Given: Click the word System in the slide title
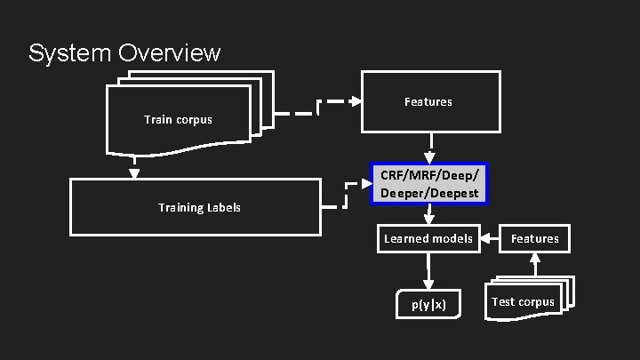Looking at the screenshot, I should (x=68, y=53).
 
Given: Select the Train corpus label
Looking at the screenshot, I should (x=178, y=119).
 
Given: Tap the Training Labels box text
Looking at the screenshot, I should (x=199, y=208).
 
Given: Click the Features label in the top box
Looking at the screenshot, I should (x=428, y=102).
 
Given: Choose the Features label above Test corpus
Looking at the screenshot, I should (x=535, y=238).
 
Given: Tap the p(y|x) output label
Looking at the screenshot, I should (x=428, y=304).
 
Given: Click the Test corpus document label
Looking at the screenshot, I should (x=523, y=301).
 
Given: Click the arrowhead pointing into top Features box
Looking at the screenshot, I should (x=356, y=101).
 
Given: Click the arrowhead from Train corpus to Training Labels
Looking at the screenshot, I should (x=132, y=173).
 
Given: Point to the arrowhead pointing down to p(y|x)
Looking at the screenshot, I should (x=428, y=284).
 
